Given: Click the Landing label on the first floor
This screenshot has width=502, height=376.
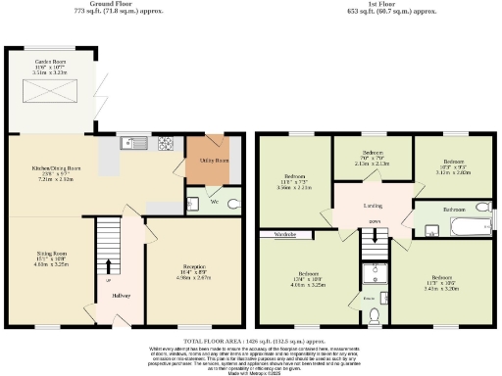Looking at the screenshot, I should (x=372, y=205).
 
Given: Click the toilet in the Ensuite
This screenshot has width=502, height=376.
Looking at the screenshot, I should (x=376, y=313).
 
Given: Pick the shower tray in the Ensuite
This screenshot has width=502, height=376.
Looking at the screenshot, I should (x=375, y=273).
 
